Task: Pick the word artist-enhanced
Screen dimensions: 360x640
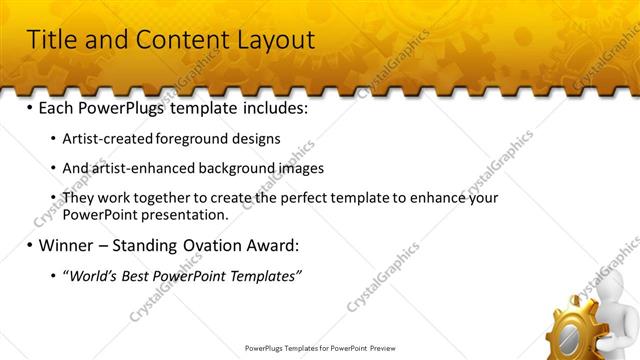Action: coord(138,168)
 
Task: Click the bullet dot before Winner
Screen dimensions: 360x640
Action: coord(29,245)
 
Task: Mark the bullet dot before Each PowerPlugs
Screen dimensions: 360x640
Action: coord(29,106)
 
